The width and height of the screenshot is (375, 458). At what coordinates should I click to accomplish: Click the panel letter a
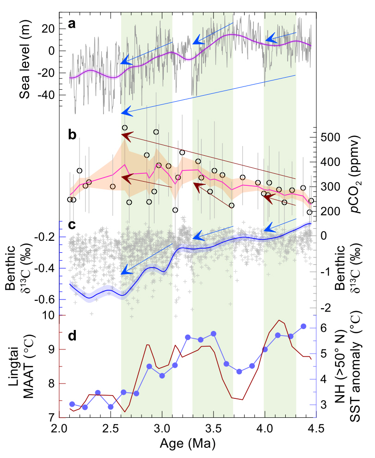coord(72,24)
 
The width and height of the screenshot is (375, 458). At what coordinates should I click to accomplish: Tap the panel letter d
coord(72,336)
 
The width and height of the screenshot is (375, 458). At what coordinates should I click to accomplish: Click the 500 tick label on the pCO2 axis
coord(331,137)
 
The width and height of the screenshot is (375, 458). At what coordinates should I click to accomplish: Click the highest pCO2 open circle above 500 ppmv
coord(124,128)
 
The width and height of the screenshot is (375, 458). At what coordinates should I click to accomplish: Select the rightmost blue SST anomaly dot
coord(303,326)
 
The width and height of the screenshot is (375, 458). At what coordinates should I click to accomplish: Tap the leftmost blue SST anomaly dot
coord(72,404)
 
